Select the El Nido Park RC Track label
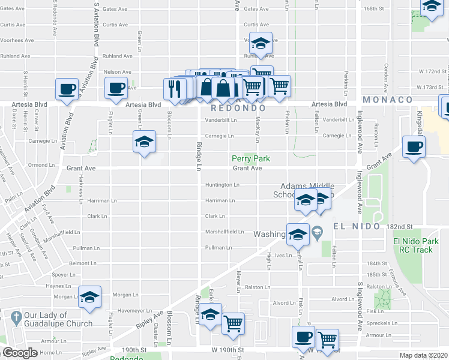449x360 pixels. coord(413,246)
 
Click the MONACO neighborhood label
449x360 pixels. coord(387,100)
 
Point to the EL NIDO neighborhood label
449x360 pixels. coord(357,226)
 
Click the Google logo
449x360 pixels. coord(19,353)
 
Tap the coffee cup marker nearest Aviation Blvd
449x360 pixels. coord(67,89)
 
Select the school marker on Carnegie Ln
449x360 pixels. coord(144,142)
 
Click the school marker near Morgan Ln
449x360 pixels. coord(90,297)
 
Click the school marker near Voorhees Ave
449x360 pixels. coord(261,43)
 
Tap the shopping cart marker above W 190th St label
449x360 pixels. coord(233,323)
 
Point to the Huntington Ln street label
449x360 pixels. coord(223,185)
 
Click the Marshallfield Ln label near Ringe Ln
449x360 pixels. coord(224,232)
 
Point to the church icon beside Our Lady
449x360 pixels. coord(15,316)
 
